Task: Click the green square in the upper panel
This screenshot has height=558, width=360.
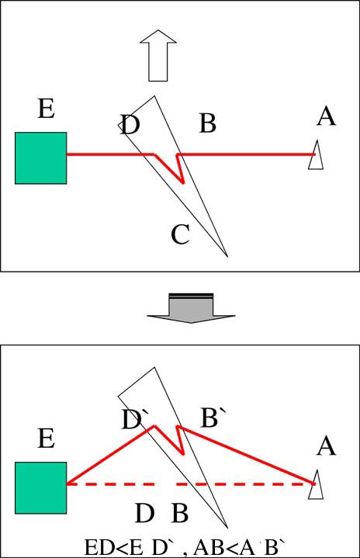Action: [40, 158]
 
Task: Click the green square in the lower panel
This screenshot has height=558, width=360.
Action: [40, 488]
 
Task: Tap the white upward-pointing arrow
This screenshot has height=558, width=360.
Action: [158, 55]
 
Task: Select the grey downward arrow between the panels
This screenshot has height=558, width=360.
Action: [192, 308]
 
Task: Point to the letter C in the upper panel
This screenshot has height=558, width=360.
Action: [180, 234]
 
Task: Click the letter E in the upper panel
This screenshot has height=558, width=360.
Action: [47, 109]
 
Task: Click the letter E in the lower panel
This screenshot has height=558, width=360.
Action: [47, 438]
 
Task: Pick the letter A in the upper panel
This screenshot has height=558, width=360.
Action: [326, 116]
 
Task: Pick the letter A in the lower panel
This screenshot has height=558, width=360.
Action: [326, 446]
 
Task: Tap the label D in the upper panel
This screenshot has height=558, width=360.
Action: [130, 124]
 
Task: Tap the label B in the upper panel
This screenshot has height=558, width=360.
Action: [208, 123]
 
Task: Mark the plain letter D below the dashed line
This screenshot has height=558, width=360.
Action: [144, 514]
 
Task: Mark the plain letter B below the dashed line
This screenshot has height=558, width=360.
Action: [180, 514]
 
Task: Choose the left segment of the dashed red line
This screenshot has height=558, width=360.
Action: [111, 484]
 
